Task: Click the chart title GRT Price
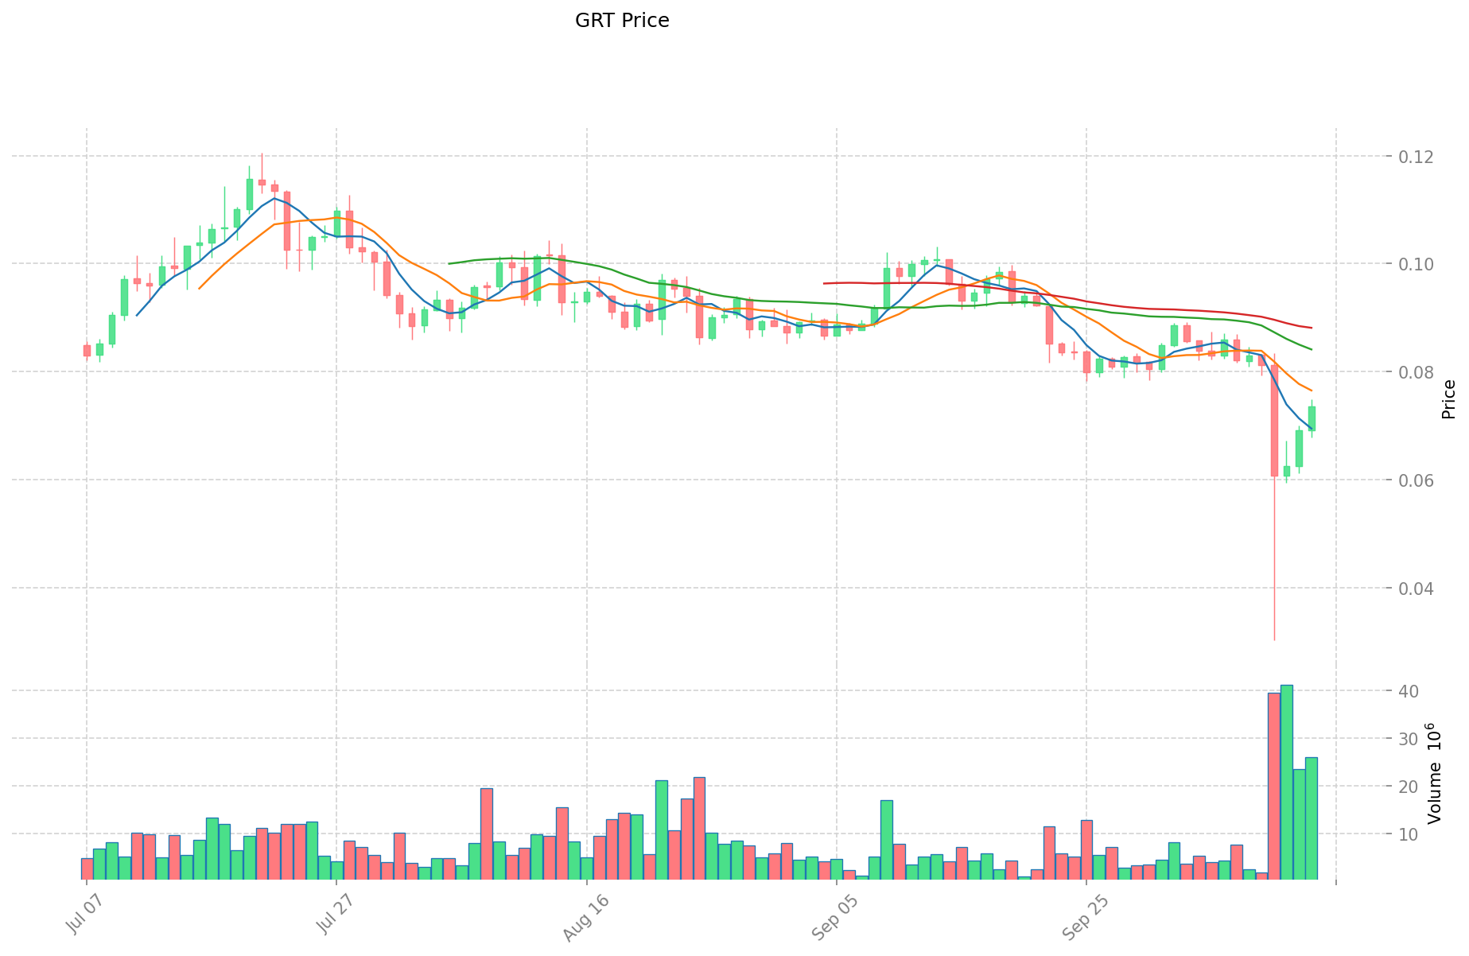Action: [x=622, y=21]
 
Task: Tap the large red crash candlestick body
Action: [x=1274, y=421]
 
